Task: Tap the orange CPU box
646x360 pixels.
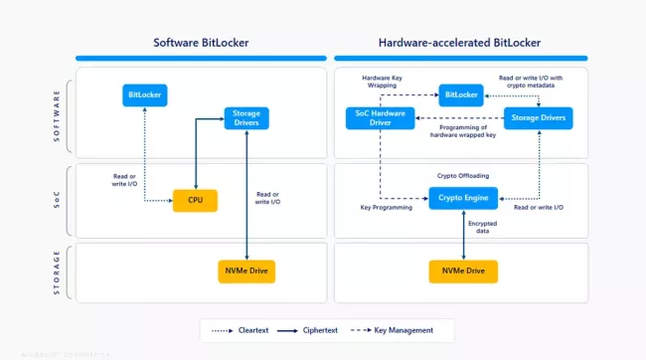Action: tap(195, 200)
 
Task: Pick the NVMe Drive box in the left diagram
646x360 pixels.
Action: tap(246, 270)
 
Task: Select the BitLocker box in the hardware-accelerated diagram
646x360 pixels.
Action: tap(461, 95)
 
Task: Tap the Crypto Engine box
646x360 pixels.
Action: tap(461, 198)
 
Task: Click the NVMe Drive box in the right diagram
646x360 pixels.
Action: tap(461, 270)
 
